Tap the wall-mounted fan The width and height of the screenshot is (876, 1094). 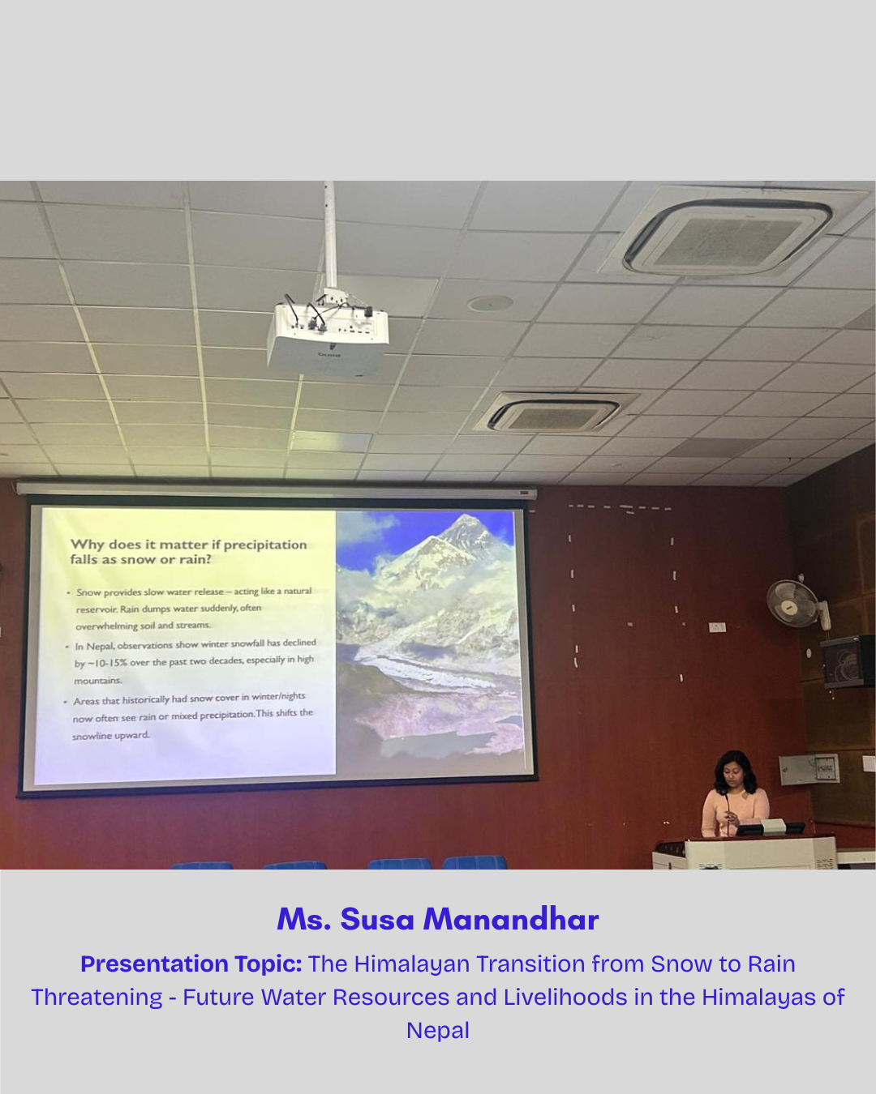tap(794, 604)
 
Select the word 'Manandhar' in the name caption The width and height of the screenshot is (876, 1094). tap(510, 920)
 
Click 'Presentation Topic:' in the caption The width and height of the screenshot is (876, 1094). tap(191, 964)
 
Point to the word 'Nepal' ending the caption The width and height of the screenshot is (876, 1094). tap(438, 1031)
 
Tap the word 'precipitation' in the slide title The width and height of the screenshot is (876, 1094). tap(265, 545)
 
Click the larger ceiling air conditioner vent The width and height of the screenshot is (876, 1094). tap(728, 237)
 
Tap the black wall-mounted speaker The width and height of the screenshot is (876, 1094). tap(847, 661)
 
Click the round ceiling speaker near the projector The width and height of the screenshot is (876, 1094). tap(490, 304)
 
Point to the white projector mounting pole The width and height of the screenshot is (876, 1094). tap(330, 235)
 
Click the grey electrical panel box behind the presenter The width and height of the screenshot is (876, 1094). tap(809, 769)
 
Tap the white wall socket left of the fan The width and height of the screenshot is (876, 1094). tap(717, 626)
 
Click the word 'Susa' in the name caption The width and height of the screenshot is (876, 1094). tap(377, 920)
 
